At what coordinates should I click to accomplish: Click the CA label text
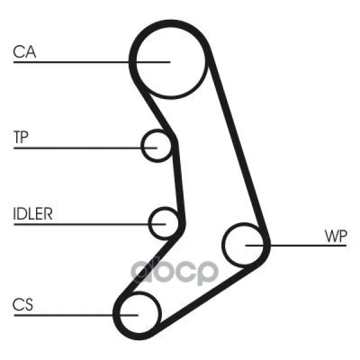pos(25,52)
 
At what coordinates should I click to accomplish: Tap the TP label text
pos(21,137)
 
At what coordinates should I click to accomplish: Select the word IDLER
pos(33,214)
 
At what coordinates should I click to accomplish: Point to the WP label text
pos(335,236)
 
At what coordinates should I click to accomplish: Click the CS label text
pos(23,304)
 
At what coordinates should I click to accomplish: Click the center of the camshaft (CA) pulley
pos(170,62)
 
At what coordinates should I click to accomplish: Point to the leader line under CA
pos(92,62)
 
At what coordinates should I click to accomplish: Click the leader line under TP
pos(85,148)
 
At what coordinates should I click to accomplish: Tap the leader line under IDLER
pos(89,224)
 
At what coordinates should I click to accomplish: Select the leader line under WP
pos(296,245)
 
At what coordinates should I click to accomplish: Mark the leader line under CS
pos(76,315)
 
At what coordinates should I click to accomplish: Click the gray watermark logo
pos(174,271)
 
